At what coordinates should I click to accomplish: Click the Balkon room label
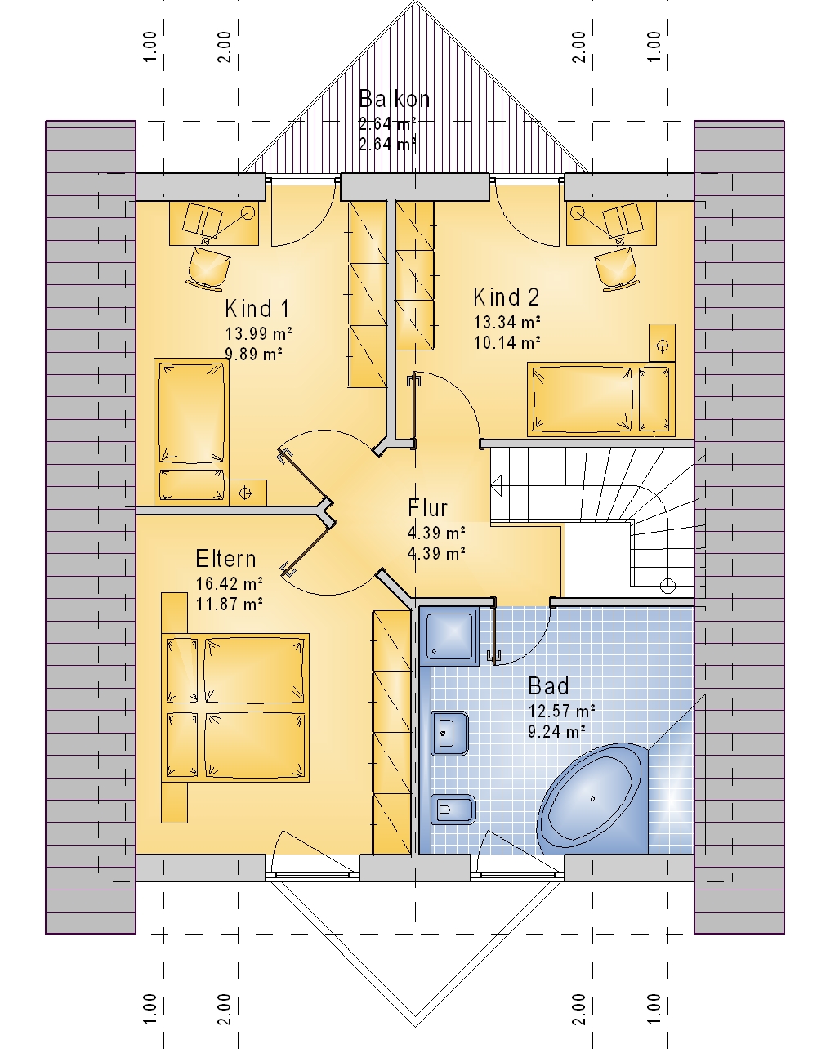coord(394,99)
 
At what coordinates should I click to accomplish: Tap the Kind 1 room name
coord(257,309)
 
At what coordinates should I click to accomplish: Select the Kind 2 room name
coord(507,297)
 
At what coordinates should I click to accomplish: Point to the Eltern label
coord(225,559)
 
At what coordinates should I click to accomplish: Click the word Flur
coord(427,508)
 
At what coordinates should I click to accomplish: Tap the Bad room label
coord(549,687)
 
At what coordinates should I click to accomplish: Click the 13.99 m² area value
coord(258,334)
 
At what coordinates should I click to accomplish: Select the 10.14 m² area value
coord(507,342)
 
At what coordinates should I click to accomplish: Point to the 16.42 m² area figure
coord(230,583)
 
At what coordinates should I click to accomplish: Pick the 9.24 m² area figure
coord(556,732)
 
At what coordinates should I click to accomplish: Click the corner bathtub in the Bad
coord(592,799)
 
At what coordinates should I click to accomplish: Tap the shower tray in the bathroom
coord(449,636)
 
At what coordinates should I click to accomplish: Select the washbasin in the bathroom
coord(449,734)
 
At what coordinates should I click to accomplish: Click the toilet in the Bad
coord(453,810)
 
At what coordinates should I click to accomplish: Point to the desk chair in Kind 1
coord(208,270)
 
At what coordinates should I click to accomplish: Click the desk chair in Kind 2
coord(616,270)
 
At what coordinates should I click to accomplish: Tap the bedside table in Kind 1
coord(248,493)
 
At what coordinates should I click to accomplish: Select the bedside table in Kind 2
coord(662,342)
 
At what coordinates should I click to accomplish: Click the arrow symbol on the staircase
coord(497,486)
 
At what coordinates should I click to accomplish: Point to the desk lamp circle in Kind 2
coord(578,212)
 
